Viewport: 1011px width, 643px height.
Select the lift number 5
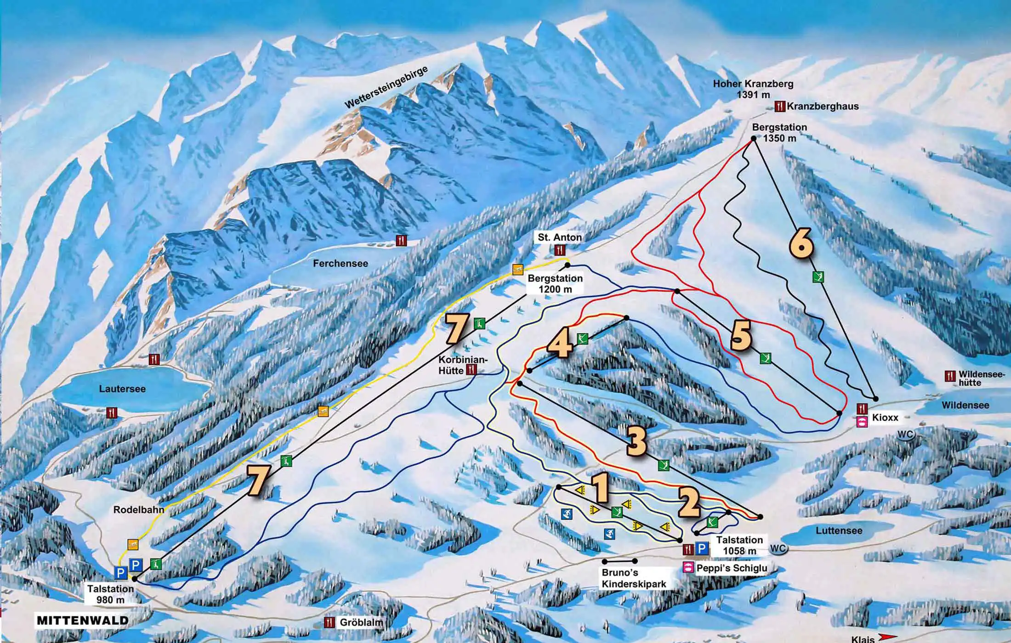coord(741,336)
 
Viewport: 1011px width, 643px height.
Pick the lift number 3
coord(636,442)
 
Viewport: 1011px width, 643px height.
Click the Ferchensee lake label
coord(340,264)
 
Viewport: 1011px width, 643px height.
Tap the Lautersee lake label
coord(122,389)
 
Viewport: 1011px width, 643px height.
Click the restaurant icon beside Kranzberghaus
coord(780,107)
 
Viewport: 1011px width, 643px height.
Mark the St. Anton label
coord(559,237)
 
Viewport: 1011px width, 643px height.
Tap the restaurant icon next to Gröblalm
coord(329,623)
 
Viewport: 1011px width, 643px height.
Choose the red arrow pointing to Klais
coord(886,637)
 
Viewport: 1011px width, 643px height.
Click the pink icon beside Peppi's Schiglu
coord(688,568)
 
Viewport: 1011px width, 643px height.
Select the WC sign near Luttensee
coord(778,548)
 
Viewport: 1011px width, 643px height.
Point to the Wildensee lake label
coord(965,406)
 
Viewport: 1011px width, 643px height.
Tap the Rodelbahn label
coord(138,510)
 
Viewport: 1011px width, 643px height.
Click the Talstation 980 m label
coord(110,594)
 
